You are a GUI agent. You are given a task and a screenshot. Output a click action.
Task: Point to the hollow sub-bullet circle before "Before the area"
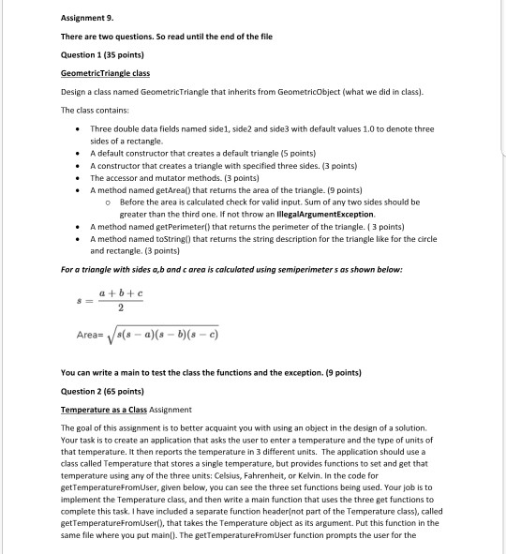click(110, 176)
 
